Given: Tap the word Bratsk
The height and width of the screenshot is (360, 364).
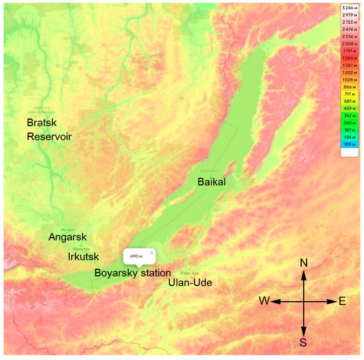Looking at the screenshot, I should point(42,123).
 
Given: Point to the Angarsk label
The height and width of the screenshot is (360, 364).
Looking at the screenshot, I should point(68,236).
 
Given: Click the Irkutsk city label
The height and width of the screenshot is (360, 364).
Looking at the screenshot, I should point(83,256).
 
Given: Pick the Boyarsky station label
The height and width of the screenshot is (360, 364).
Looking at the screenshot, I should point(132,273).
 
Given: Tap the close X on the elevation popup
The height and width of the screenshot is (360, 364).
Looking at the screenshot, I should point(152,252).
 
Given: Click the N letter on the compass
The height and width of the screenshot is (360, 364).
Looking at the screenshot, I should point(304,263).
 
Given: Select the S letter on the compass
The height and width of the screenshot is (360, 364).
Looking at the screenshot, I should point(304,342).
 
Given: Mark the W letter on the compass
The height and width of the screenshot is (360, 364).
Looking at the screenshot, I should point(264,302).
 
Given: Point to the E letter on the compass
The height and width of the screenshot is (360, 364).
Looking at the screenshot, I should point(342,302).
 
